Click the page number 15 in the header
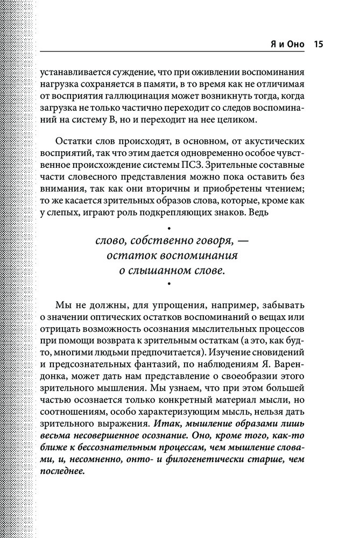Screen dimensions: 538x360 316,44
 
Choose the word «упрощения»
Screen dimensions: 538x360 172,304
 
